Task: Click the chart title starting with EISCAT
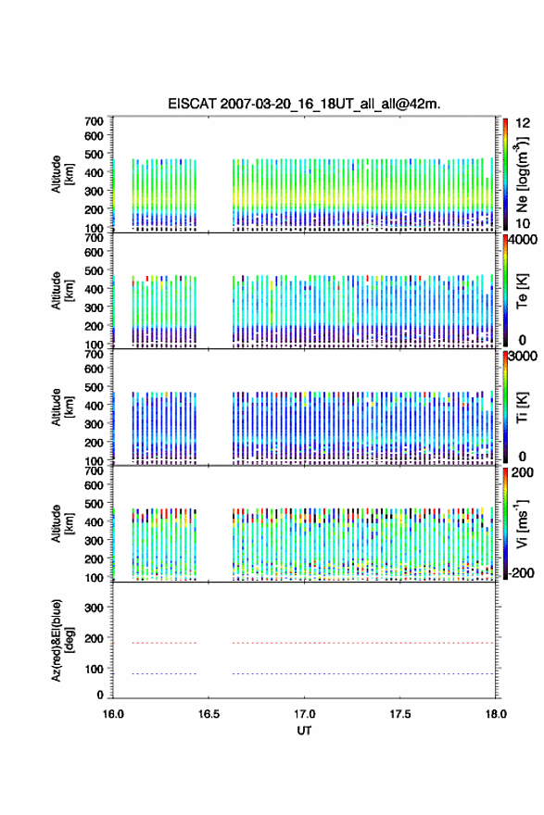(x=304, y=104)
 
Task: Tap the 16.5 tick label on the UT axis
(x=209, y=714)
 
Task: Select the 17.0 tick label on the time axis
(x=304, y=714)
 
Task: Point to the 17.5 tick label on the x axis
(x=400, y=714)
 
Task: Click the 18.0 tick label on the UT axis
(x=496, y=714)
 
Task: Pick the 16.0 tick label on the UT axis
(x=113, y=714)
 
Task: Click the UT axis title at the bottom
(x=304, y=731)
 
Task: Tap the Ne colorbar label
(x=522, y=175)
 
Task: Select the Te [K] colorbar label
(x=522, y=291)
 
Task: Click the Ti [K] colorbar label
(x=522, y=407)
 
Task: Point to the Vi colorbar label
(x=522, y=524)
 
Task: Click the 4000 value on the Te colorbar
(x=524, y=241)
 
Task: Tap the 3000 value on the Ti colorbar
(x=524, y=357)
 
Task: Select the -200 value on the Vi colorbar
(x=522, y=572)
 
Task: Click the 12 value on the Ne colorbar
(x=524, y=124)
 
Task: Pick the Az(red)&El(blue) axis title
(x=62, y=640)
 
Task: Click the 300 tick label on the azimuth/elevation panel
(x=95, y=608)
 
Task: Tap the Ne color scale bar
(x=505, y=174)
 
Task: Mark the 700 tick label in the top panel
(x=95, y=121)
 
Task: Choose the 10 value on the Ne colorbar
(x=524, y=223)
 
